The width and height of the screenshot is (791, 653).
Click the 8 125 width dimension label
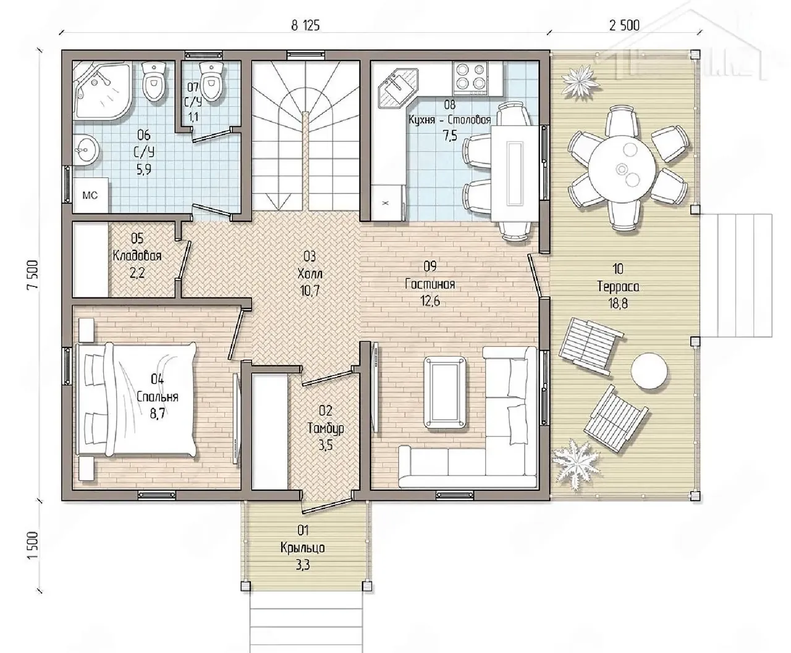(x=305, y=25)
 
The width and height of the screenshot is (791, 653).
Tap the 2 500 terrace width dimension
(x=624, y=25)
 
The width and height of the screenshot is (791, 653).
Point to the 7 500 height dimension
(x=33, y=275)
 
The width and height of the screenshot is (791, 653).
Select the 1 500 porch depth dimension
(x=33, y=545)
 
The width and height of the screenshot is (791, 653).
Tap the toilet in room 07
(x=211, y=81)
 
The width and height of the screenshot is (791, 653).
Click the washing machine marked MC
(x=91, y=195)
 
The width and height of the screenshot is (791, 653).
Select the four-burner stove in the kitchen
(x=470, y=78)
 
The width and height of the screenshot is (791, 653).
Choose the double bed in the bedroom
(x=137, y=399)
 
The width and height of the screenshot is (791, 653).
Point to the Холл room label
(x=310, y=273)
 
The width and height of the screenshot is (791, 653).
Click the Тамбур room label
(x=326, y=428)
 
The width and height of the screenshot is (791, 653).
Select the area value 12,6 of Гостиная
(x=430, y=301)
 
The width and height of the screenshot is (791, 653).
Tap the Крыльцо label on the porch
(x=302, y=548)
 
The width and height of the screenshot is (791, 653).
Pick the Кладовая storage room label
(x=137, y=255)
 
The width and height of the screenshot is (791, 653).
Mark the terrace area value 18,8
(x=618, y=304)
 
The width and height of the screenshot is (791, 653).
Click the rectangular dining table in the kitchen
(x=515, y=174)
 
